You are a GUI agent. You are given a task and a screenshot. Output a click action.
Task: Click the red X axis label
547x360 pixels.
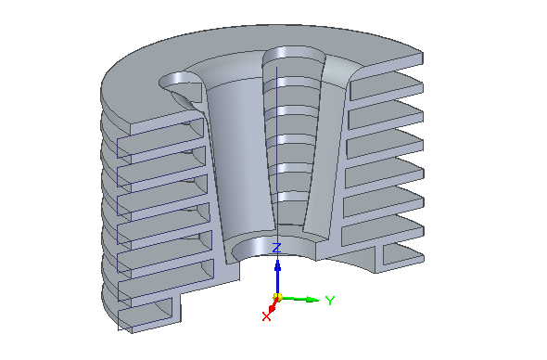pos(266,316)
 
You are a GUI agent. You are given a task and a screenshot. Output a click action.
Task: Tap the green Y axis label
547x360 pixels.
pos(330,301)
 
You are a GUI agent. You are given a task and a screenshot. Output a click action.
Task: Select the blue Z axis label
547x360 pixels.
pos(276,248)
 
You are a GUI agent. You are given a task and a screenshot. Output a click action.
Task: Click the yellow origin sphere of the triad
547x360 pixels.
pos(278,298)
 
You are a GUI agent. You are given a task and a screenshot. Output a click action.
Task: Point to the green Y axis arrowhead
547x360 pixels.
pos(312,300)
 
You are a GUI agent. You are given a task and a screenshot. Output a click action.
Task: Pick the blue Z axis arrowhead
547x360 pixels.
pos(278,267)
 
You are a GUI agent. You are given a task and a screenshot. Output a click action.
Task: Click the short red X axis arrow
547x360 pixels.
pos(273,307)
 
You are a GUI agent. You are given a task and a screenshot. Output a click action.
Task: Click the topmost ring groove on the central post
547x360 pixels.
pos(292,83)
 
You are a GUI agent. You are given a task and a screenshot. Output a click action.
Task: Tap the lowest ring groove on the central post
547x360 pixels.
pos(290,196)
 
